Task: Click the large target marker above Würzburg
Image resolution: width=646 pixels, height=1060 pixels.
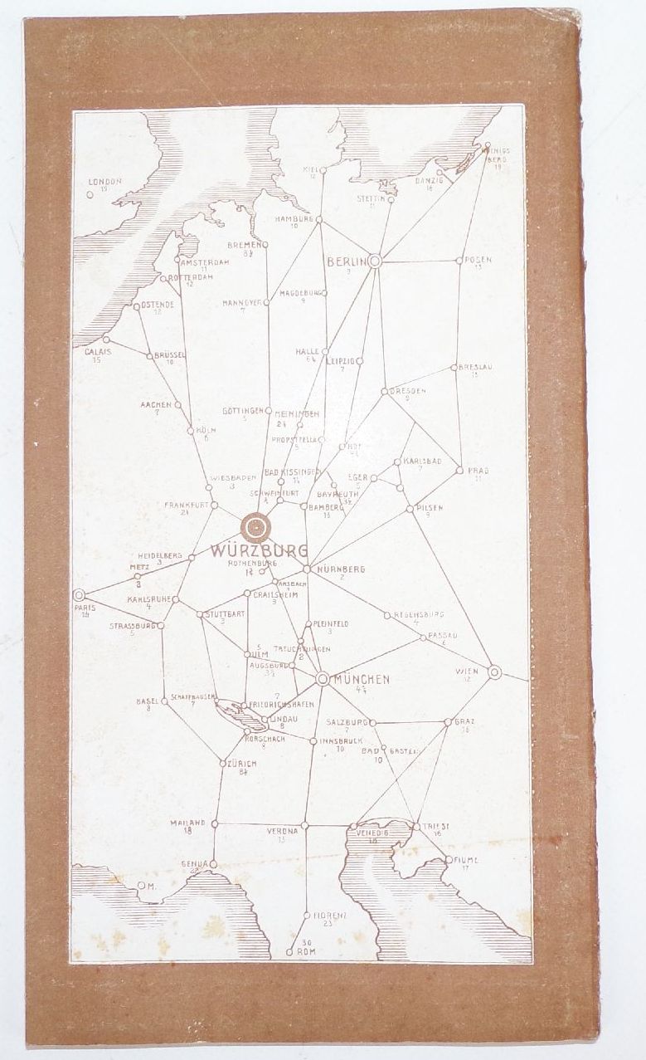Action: [x=256, y=526]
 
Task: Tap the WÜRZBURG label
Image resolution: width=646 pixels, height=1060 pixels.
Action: [x=260, y=550]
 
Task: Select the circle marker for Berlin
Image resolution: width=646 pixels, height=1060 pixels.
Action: [x=374, y=261]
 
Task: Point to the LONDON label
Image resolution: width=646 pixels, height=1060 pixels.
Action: [x=105, y=181]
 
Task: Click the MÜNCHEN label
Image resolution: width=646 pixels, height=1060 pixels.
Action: [x=360, y=679]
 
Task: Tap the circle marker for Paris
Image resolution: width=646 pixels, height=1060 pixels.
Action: [x=80, y=594]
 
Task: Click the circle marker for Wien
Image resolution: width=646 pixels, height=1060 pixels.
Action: [x=494, y=672]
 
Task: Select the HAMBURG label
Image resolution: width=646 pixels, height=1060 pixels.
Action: [x=294, y=220]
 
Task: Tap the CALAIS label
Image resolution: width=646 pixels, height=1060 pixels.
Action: [x=98, y=351]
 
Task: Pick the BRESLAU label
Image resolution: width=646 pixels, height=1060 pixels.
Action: [x=475, y=366]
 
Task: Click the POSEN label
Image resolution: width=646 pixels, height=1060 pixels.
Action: [x=478, y=260]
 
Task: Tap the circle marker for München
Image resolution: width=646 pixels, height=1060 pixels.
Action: [x=323, y=679]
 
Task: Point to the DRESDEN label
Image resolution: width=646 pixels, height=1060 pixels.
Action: [x=407, y=390]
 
